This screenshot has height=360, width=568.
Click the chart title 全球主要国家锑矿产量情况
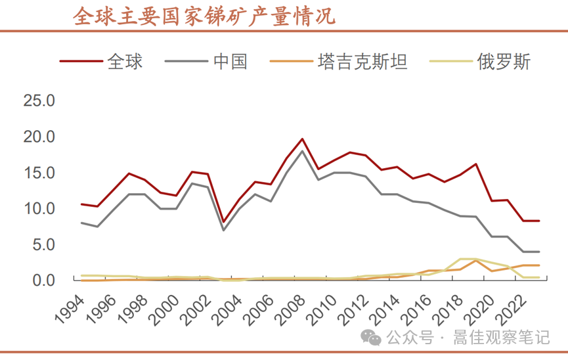[x=204, y=16]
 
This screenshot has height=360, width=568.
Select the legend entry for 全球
[x=125, y=62]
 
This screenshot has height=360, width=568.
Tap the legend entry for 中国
[x=230, y=62]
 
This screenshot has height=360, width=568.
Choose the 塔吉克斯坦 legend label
[x=362, y=62]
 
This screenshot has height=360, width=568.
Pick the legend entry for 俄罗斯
[x=504, y=62]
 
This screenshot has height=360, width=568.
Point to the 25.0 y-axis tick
[x=41, y=101]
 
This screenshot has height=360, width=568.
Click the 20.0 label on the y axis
[x=41, y=137]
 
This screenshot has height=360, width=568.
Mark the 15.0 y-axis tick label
[x=41, y=173]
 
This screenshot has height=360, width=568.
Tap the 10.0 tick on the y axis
[x=41, y=209]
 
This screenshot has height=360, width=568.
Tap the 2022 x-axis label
[x=509, y=308]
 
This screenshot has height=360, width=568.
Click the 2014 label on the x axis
[x=383, y=308]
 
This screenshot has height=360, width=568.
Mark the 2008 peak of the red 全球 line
[x=301, y=139]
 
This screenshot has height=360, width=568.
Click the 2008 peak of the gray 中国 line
[x=301, y=151]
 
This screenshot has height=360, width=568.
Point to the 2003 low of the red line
[x=223, y=222]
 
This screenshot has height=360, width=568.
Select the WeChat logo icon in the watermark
[x=373, y=338]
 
